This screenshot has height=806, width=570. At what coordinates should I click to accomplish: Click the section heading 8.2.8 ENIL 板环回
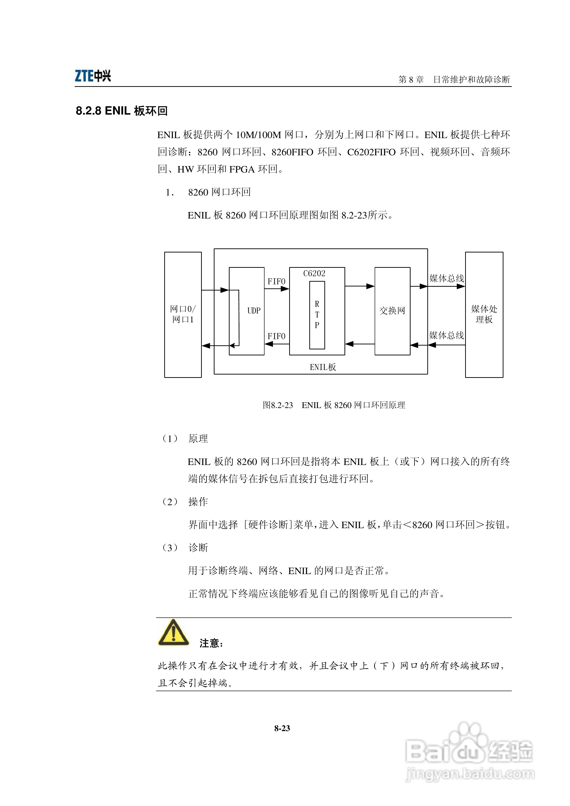click(x=122, y=111)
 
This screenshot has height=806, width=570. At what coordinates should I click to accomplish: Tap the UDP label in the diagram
click(x=254, y=311)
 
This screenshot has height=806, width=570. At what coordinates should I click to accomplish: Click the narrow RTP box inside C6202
click(x=317, y=315)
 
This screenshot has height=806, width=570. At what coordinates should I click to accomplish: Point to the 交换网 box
click(x=392, y=311)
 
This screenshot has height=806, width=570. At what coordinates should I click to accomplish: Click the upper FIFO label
click(x=277, y=281)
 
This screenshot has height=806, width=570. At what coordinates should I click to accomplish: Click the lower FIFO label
click(x=277, y=336)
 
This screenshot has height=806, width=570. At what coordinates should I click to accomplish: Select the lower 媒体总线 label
click(x=446, y=336)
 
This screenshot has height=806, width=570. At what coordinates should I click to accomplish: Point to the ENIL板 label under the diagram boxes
click(x=323, y=367)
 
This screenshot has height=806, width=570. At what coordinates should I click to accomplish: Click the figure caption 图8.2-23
click(x=277, y=405)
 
